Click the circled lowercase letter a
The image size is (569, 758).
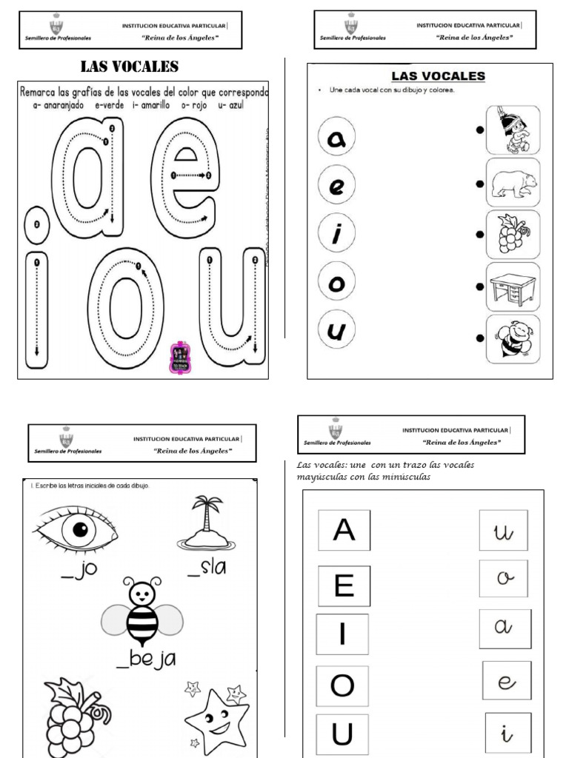(336, 137)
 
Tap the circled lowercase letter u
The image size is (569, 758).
(336, 330)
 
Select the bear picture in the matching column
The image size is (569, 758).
(513, 182)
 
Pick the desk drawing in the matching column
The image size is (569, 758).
(513, 286)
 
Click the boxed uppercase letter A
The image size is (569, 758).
(344, 530)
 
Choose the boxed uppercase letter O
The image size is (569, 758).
(342, 685)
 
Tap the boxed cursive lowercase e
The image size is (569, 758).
(507, 681)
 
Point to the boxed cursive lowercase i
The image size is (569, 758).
(508, 734)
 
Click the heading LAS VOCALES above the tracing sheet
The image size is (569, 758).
(130, 67)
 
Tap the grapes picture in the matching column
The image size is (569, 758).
(513, 235)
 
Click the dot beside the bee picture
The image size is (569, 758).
(480, 338)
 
